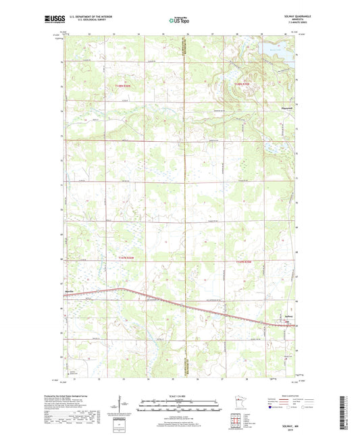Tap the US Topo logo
pyautogui.click(x=180, y=21)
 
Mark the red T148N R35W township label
pyautogui.click(x=242, y=83)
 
